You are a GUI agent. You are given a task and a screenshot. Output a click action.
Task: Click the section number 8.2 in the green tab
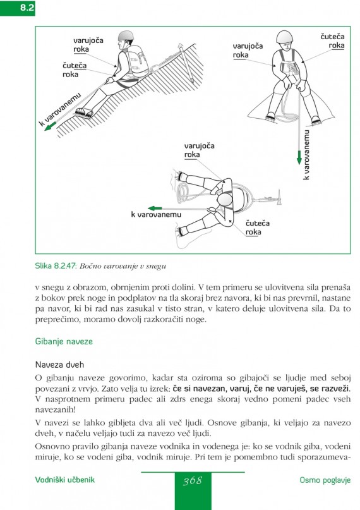27,8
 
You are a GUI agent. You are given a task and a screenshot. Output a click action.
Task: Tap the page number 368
193,481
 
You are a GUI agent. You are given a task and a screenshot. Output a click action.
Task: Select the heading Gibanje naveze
64,341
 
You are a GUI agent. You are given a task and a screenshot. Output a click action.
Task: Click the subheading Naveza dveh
59,365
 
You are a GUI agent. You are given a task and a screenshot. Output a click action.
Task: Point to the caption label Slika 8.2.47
56,265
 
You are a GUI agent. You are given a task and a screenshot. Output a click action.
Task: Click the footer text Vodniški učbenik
64,480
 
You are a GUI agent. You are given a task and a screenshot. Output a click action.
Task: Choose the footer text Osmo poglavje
325,480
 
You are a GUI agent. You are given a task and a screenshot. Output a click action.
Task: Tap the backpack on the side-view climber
138,61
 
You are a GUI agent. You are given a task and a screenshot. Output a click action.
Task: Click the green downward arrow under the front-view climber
299,157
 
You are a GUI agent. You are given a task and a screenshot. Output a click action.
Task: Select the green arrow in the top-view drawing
155,208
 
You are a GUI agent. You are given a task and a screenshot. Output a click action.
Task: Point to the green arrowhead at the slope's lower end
50,126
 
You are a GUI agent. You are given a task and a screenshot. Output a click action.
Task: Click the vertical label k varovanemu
306,154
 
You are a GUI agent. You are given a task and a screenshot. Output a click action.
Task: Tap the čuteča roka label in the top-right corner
332,41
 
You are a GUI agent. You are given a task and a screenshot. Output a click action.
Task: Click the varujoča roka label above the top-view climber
199,150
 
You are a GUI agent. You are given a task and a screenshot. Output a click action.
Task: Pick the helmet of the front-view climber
285,37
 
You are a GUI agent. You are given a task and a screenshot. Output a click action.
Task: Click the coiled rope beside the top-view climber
184,191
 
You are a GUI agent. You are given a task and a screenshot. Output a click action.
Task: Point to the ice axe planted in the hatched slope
186,62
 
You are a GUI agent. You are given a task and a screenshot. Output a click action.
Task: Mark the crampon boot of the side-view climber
84,112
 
